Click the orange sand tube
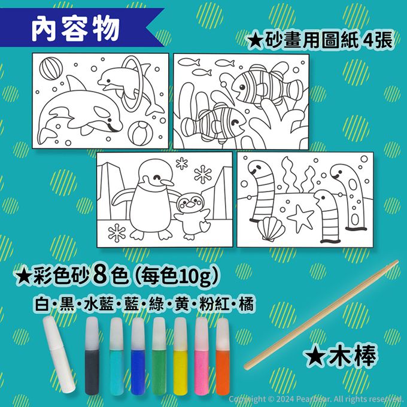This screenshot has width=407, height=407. [223, 356]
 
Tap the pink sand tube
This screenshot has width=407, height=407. [202, 356]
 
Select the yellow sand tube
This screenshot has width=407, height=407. [180, 356]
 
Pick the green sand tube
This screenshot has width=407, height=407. [159, 356]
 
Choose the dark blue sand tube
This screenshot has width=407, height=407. [138, 356]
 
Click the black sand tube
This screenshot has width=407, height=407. [92, 356]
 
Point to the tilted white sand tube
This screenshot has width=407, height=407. [59, 354]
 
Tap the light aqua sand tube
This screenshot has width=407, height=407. [116, 356]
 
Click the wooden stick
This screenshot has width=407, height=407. [321, 315]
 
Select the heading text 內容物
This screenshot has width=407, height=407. [75, 29]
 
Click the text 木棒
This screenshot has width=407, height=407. [353, 356]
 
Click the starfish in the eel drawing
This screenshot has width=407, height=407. [300, 218]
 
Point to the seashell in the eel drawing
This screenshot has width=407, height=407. [271, 229]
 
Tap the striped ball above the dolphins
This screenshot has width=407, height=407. [51, 68]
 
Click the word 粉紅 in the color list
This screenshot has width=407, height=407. [214, 304]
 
